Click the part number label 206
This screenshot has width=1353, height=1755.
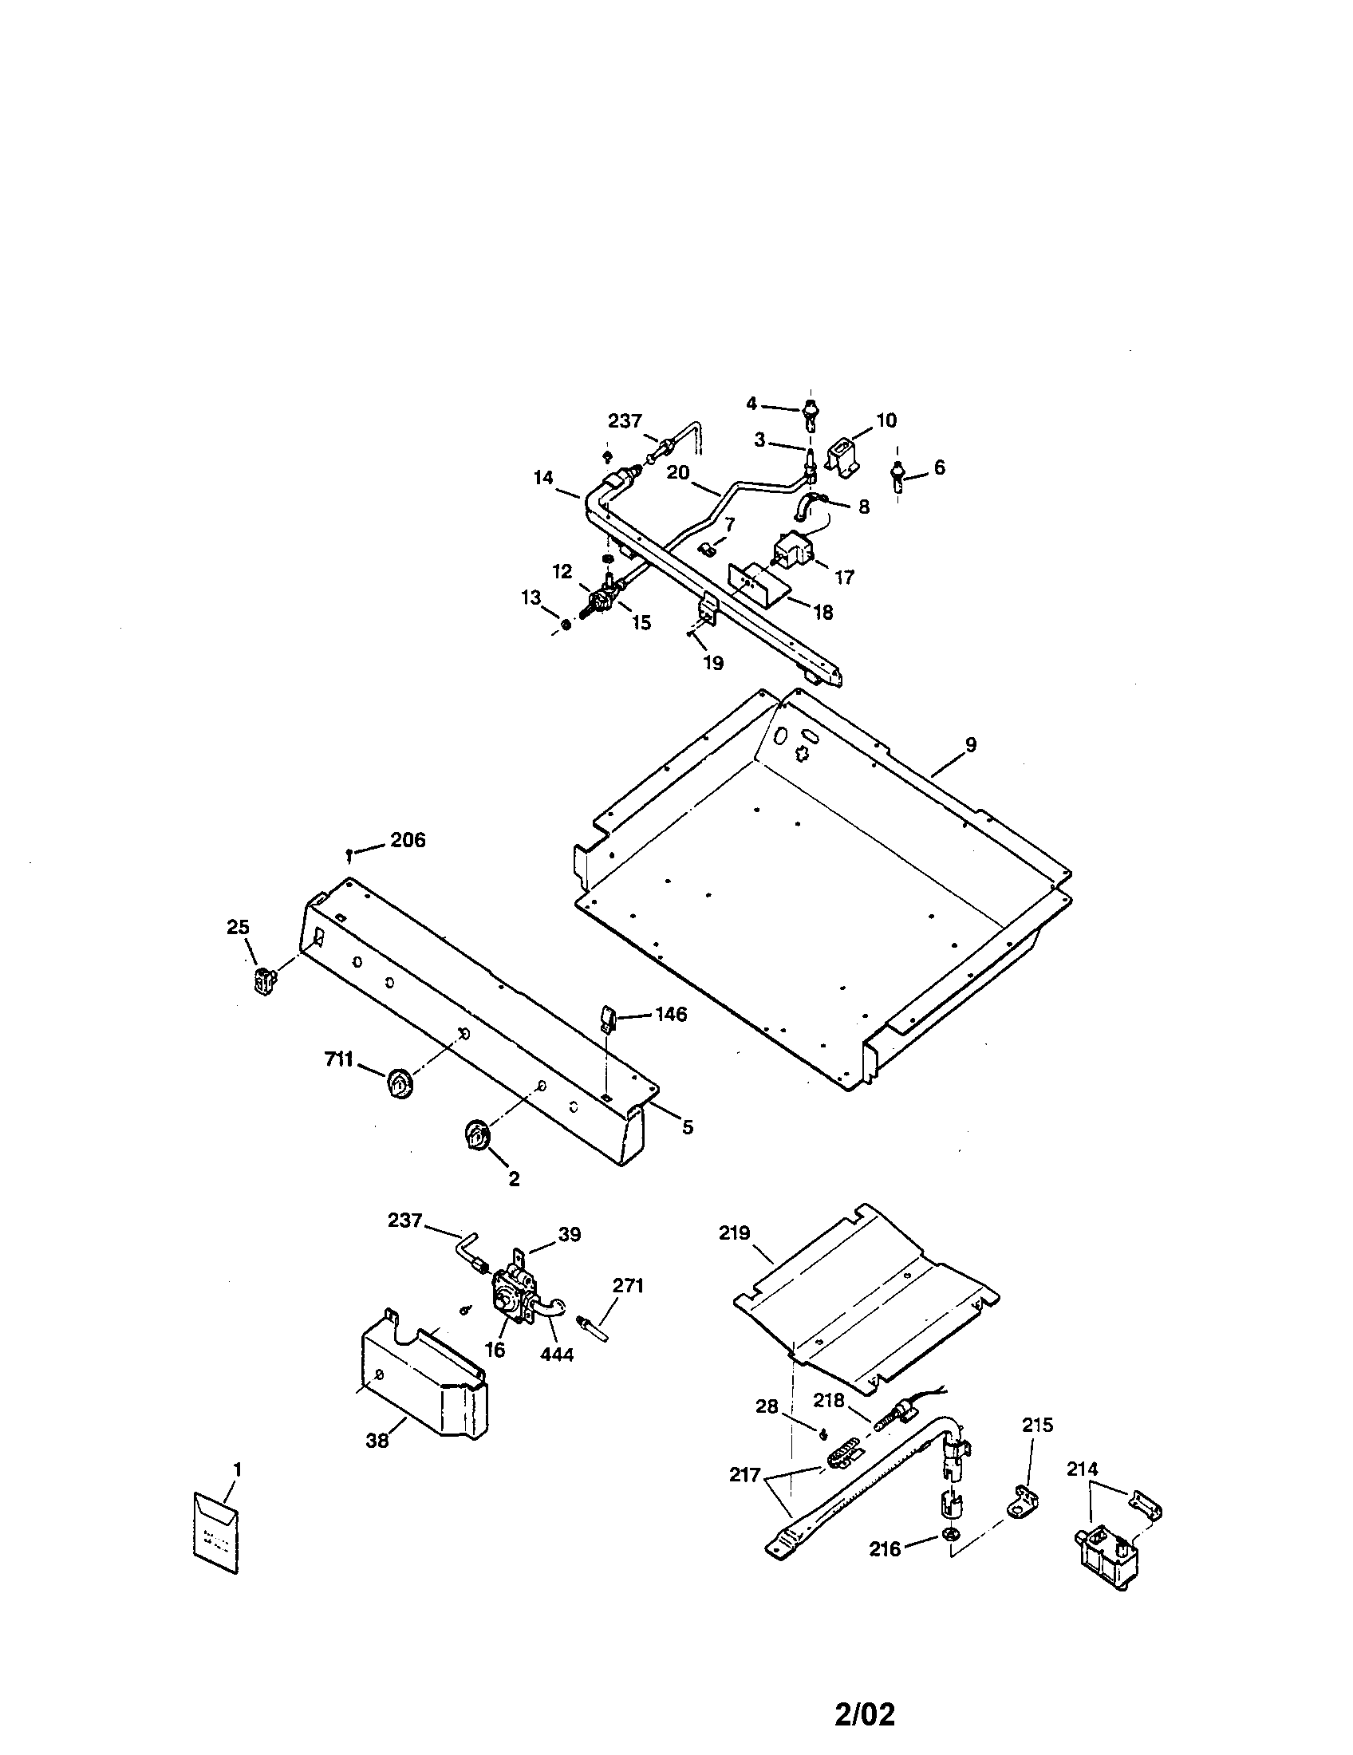(x=408, y=841)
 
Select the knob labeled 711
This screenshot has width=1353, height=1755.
(x=398, y=1084)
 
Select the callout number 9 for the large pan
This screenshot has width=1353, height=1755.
(x=971, y=745)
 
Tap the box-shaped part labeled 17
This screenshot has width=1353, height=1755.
(x=794, y=551)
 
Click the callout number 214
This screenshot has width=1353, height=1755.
(x=1083, y=1469)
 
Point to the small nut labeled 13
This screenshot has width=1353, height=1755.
(x=565, y=625)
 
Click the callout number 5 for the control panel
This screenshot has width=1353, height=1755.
(x=687, y=1127)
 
